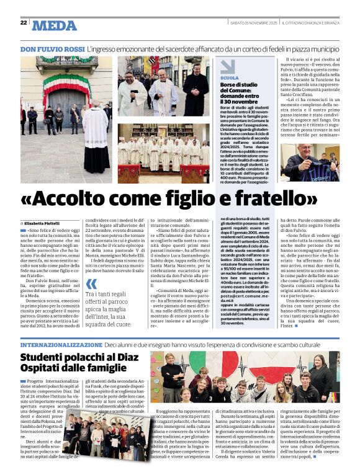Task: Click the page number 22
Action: pyautogui.click(x=24, y=22)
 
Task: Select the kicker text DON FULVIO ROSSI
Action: pyautogui.click(x=52, y=48)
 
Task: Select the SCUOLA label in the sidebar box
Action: pyautogui.click(x=229, y=78)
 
